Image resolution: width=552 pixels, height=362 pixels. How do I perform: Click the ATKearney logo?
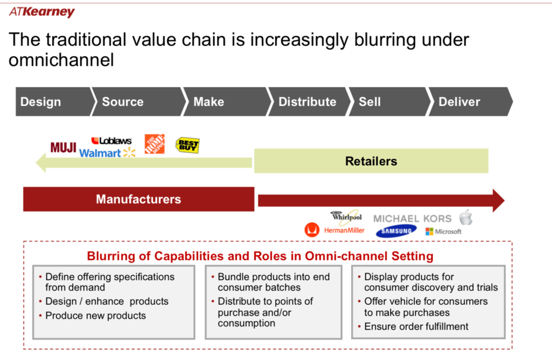(x=42, y=12)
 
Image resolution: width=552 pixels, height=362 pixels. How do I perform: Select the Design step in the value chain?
(x=41, y=102)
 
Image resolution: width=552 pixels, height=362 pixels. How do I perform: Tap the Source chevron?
(x=123, y=102)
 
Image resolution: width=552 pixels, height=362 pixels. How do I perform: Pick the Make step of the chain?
(x=209, y=102)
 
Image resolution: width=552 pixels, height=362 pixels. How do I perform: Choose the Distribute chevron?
(x=307, y=102)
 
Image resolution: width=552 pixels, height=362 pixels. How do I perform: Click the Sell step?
(x=370, y=102)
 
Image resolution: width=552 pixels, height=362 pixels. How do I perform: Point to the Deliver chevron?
(x=460, y=102)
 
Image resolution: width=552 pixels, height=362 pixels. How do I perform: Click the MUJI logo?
(x=63, y=147)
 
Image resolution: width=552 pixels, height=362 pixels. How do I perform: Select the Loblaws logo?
(x=112, y=141)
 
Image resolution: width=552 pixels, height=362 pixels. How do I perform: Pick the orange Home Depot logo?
(x=154, y=144)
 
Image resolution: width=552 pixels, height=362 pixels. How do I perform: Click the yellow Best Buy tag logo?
(x=187, y=145)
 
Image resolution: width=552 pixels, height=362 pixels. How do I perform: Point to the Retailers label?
(x=371, y=161)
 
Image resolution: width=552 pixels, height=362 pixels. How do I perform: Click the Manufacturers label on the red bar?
(x=138, y=199)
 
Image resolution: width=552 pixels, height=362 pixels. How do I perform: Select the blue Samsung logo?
(x=396, y=231)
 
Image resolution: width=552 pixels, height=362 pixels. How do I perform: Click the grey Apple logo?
(x=466, y=218)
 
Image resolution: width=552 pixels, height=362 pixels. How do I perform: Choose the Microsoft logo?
(x=444, y=231)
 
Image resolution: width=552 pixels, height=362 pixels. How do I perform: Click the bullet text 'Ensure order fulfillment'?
(x=416, y=326)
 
